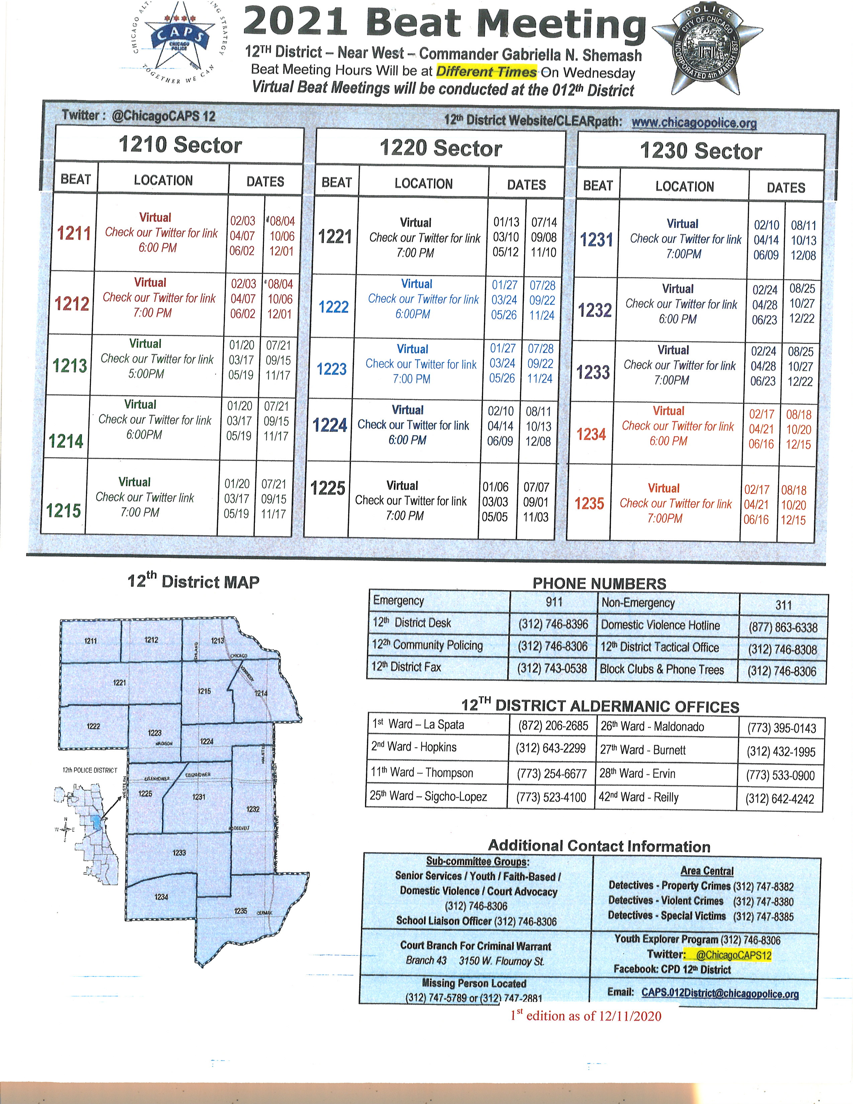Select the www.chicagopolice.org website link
pyautogui.click(x=694, y=122)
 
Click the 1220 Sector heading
pyautogui.click(x=441, y=148)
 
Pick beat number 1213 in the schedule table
pyautogui.click(x=70, y=365)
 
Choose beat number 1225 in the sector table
pyautogui.click(x=327, y=488)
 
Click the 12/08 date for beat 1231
pyautogui.click(x=803, y=255)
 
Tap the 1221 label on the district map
pyautogui.click(x=119, y=682)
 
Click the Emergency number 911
pyautogui.click(x=554, y=602)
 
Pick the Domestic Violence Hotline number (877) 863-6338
pyautogui.click(x=783, y=627)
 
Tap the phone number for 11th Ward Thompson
pyautogui.click(x=551, y=774)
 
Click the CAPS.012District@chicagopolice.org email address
pyautogui.click(x=720, y=993)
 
